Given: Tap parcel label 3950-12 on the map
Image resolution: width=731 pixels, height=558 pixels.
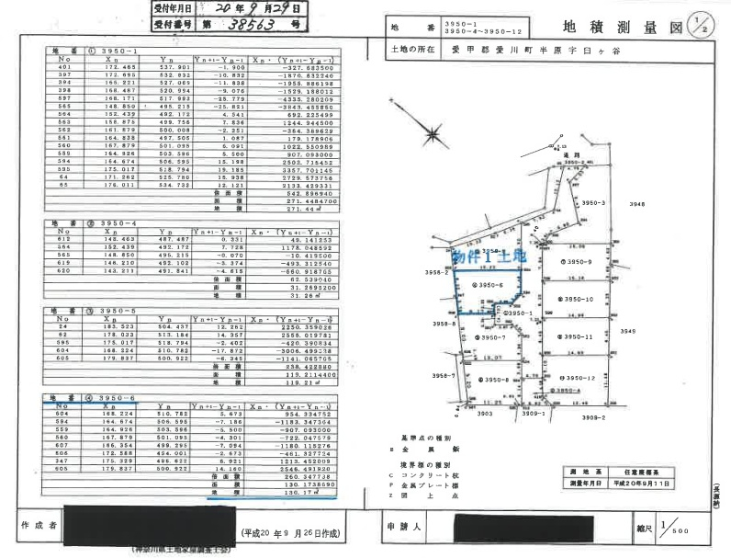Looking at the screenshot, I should (x=580, y=378).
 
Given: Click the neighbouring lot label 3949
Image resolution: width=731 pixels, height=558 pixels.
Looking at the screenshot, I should (x=628, y=331).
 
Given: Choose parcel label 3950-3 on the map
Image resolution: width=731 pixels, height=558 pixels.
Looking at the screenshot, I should (x=594, y=202).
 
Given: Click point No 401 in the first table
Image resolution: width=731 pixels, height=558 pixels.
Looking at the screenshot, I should (x=64, y=67).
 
